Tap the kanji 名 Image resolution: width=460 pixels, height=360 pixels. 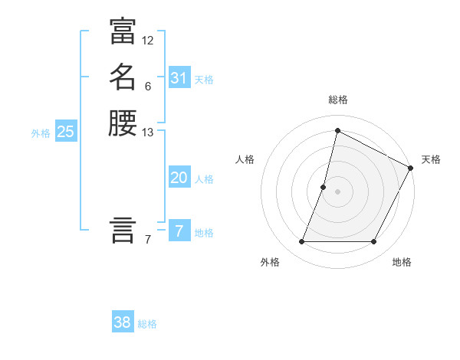point(123,77)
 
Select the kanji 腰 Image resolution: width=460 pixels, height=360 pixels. point(123,123)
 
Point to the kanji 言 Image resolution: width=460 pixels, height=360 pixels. point(123,230)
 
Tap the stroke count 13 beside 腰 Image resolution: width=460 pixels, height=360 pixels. point(148,133)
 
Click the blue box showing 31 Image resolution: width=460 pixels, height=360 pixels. point(179,78)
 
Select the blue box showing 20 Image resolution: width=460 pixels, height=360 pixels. point(179,178)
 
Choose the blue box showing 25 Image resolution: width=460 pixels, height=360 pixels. point(66,132)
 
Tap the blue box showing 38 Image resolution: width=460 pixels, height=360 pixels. point(123,322)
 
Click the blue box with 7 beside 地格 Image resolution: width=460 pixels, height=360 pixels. point(179,231)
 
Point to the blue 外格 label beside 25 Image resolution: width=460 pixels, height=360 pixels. point(41,133)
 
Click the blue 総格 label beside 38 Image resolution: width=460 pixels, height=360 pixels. point(147,324)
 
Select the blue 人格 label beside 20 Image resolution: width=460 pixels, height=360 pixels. point(204,179)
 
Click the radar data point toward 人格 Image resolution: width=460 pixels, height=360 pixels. point(324,187)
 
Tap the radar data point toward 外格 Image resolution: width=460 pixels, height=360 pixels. point(301,242)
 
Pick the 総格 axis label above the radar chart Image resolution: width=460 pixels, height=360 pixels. point(338,100)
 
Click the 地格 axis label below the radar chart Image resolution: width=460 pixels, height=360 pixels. point(402,263)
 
